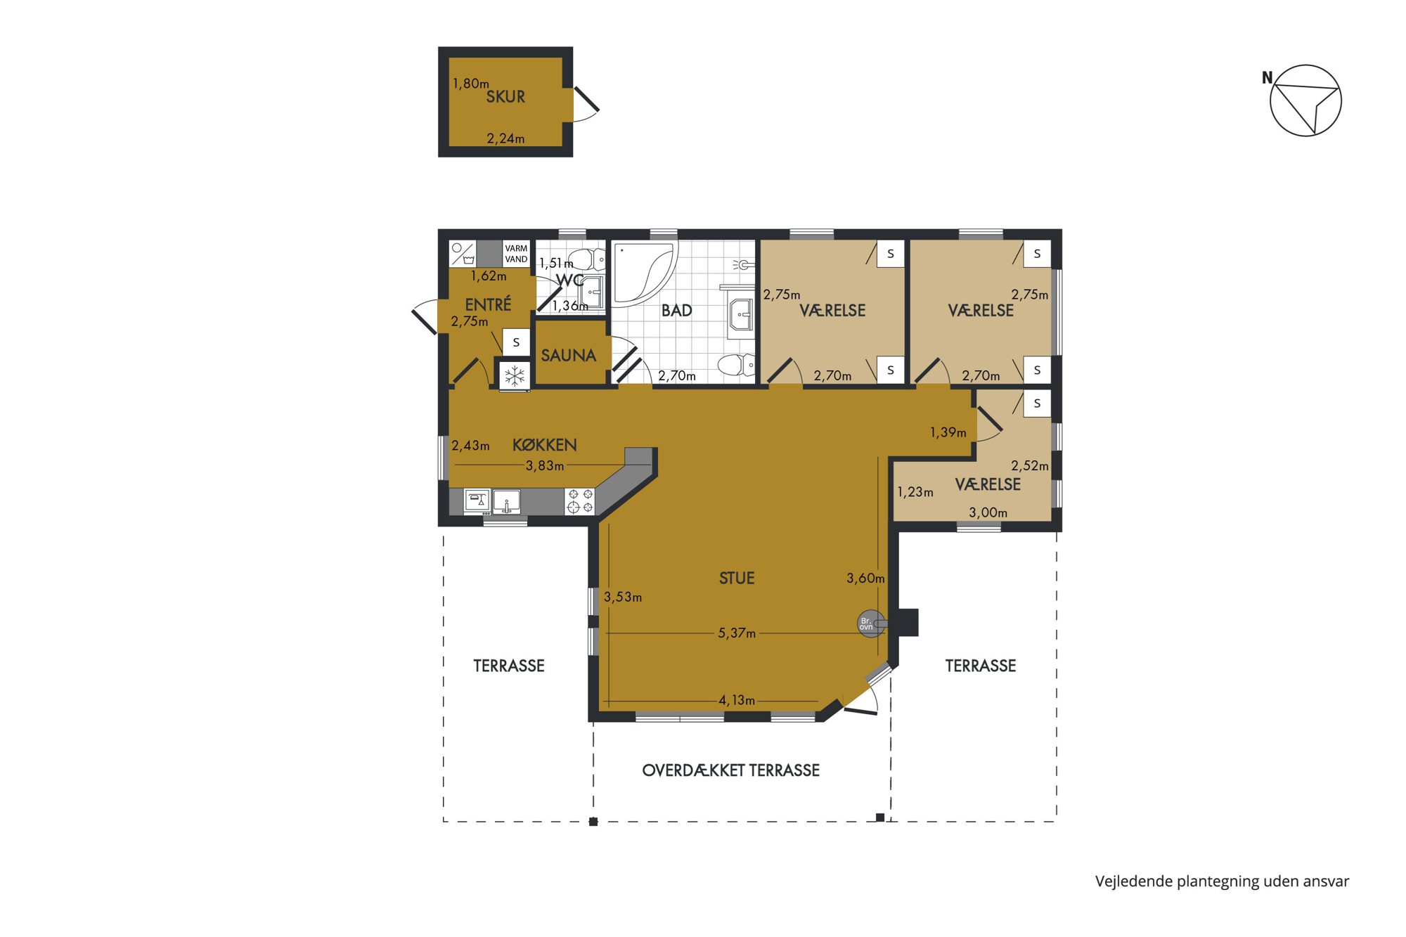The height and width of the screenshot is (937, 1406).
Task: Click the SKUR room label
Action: click(505, 97)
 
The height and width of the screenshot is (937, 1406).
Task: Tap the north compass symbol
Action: click(1305, 101)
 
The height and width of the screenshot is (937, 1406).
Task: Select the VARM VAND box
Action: click(516, 254)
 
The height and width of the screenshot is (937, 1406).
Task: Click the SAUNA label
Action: click(568, 356)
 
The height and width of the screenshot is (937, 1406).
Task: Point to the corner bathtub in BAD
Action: click(643, 274)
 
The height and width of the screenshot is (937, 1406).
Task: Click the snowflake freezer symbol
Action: click(515, 376)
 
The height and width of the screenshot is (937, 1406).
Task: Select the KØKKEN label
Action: click(544, 445)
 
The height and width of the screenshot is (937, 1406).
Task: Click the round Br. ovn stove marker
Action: click(870, 623)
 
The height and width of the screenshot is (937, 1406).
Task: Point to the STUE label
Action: click(737, 579)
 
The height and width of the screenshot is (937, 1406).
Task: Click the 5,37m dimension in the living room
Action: click(737, 633)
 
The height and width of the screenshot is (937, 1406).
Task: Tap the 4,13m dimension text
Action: click(737, 700)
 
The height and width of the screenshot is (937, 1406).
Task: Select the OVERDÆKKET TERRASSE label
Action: click(731, 770)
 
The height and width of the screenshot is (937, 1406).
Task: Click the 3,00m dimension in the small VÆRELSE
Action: click(988, 512)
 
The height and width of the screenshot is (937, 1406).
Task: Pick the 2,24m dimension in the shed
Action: click(505, 138)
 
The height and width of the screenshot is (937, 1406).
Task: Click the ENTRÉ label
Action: click(488, 304)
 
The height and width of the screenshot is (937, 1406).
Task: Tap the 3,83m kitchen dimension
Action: click(545, 465)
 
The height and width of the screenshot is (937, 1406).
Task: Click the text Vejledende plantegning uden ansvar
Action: click(1222, 881)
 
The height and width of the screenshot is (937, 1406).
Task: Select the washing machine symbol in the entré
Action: click(463, 254)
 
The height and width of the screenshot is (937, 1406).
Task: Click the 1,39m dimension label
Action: click(948, 432)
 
